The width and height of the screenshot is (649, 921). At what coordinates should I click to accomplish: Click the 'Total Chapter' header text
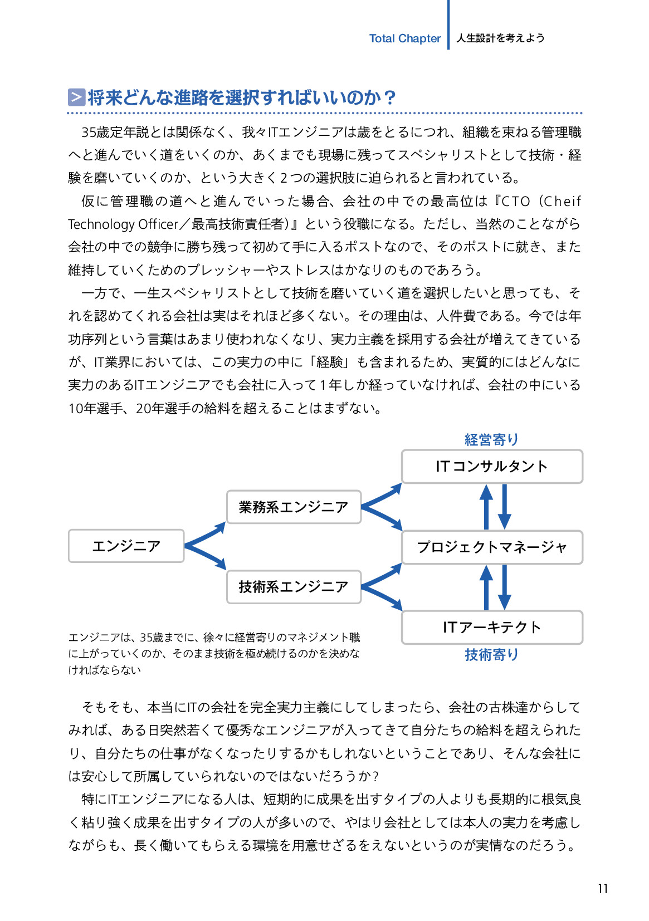tap(404, 38)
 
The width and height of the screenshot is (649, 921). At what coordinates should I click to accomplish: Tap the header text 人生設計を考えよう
tap(500, 38)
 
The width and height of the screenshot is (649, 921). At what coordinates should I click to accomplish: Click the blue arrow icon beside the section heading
tap(76, 97)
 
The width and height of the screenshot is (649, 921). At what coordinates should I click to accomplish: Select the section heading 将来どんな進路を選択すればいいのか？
tap(241, 97)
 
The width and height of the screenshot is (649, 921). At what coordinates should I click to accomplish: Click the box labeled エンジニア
tap(126, 546)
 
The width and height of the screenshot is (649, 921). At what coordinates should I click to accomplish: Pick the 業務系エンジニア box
tap(294, 507)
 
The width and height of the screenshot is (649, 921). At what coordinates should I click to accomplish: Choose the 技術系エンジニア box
tap(294, 586)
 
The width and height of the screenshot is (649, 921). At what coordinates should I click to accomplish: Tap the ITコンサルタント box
tap(491, 467)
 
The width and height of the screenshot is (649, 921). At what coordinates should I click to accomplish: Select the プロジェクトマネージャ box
tap(491, 547)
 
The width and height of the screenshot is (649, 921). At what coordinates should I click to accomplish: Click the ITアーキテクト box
tap(491, 627)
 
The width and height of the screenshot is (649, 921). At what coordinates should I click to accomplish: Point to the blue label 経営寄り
tap(491, 440)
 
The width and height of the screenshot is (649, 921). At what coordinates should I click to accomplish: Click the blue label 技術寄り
tap(491, 655)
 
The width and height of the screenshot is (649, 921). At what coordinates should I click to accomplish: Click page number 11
tap(602, 889)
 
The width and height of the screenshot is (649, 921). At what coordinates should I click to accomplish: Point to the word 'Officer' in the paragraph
tap(158, 224)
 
